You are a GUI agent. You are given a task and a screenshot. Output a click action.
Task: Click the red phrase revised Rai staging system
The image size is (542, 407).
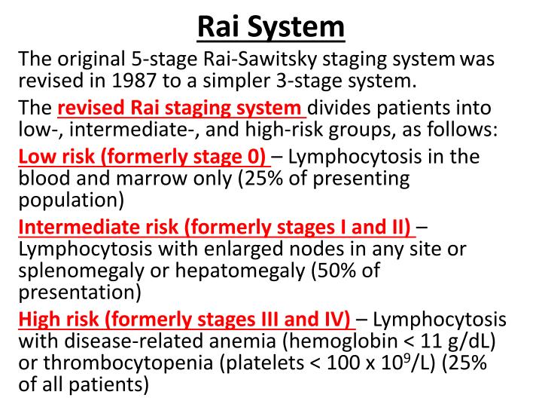tap(182, 108)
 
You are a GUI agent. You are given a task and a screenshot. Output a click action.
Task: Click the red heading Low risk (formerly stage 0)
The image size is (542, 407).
tap(143, 157)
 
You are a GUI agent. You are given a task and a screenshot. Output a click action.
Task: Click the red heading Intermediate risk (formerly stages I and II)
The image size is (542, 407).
tap(215, 227)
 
